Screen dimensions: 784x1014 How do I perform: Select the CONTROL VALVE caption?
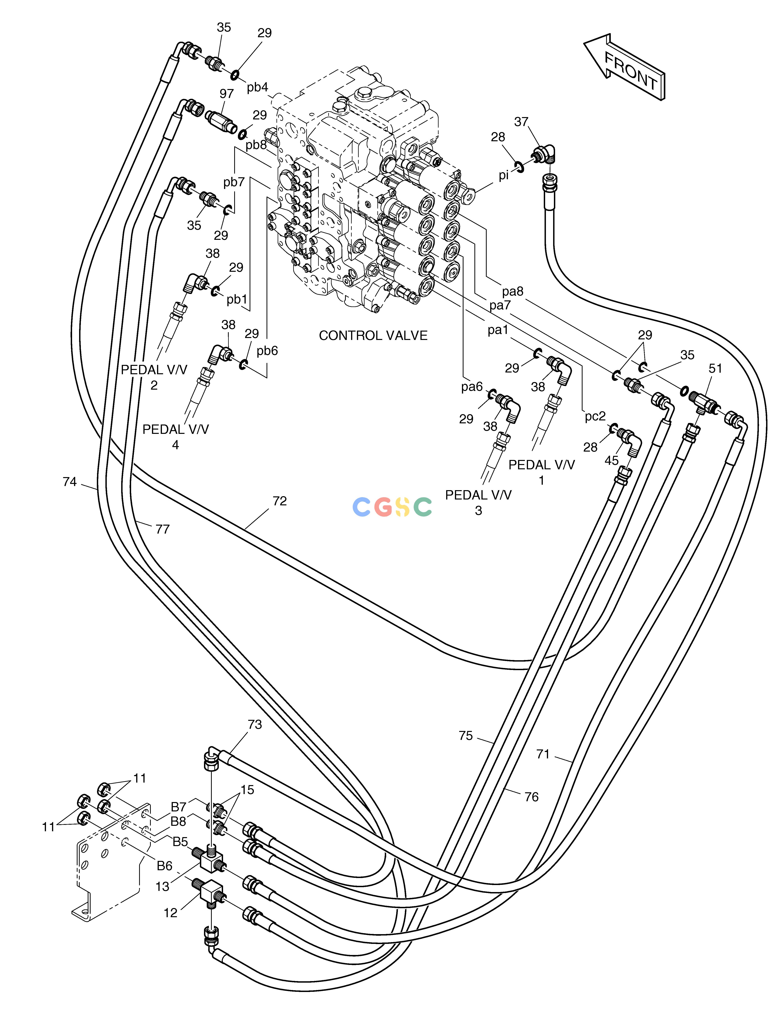pyautogui.click(x=373, y=336)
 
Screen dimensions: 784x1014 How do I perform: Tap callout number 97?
pyautogui.click(x=227, y=94)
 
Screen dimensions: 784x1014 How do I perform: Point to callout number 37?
pyautogui.click(x=521, y=122)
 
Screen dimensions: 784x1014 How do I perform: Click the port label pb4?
pyautogui.click(x=257, y=87)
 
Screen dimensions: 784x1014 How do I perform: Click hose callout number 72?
pyautogui.click(x=280, y=501)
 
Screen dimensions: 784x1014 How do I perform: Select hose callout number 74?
pyautogui.click(x=70, y=482)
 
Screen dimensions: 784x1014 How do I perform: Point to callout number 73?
pyautogui.click(x=254, y=724)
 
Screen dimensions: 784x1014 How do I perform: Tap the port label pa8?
pyautogui.click(x=513, y=292)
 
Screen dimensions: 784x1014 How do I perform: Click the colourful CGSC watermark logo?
pyautogui.click(x=392, y=507)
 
